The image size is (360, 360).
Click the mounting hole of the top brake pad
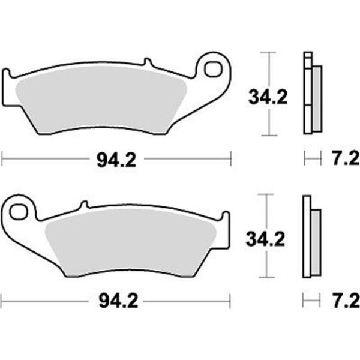click(x=212, y=70)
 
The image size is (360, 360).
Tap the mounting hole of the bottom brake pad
click(x=20, y=212)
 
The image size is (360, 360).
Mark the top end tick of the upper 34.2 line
click(x=268, y=53)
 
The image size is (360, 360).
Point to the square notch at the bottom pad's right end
click(x=226, y=217)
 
